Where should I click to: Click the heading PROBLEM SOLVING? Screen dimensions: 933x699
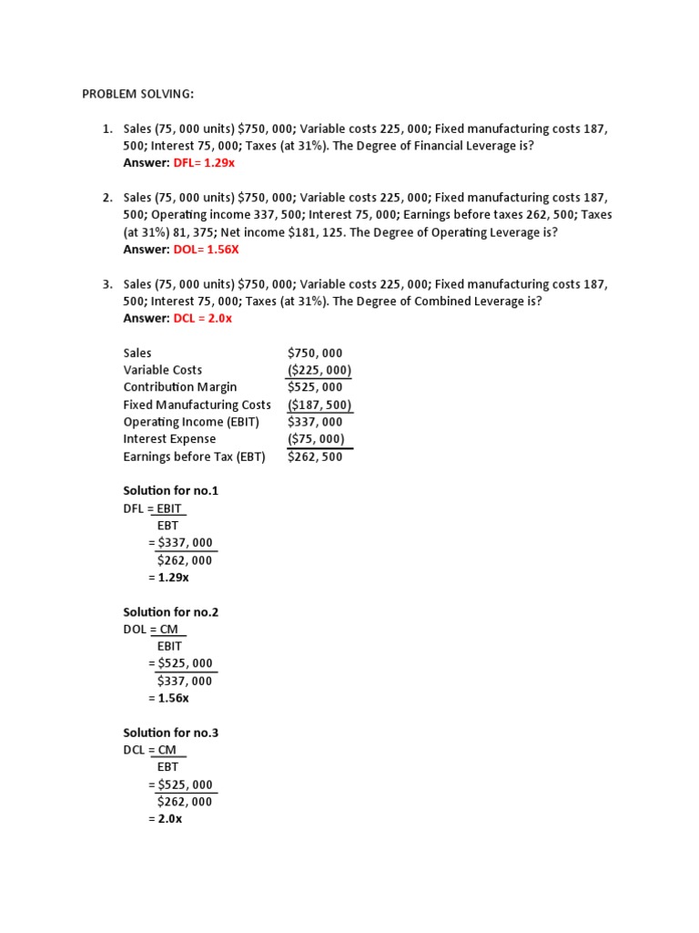137,94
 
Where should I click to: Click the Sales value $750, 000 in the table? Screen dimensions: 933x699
315,353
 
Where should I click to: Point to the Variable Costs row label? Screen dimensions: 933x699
163,370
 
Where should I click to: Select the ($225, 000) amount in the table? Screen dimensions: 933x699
319,370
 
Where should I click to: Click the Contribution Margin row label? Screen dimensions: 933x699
179,387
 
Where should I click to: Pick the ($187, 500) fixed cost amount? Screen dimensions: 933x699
319,405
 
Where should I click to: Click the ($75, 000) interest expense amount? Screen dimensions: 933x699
316,439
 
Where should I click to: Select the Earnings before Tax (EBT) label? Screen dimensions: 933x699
194,456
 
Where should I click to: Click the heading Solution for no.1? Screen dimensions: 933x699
170,491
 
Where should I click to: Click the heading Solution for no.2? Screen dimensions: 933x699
170,612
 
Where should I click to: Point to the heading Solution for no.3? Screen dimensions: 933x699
170,733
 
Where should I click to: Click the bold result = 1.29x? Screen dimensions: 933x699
168,578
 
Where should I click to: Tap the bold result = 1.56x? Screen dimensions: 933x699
168,698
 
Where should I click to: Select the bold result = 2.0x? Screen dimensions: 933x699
165,819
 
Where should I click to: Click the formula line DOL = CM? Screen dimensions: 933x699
153,630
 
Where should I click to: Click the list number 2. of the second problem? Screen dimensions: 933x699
107,198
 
